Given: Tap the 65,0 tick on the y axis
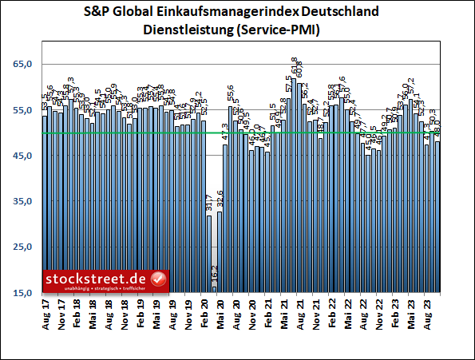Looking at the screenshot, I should [x=24, y=64].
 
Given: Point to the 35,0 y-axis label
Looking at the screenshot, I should [x=24, y=202].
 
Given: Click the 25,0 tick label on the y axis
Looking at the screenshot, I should [x=24, y=248].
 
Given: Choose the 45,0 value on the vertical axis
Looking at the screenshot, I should [x=24, y=156].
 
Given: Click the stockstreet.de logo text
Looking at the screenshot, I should [x=96, y=279].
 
